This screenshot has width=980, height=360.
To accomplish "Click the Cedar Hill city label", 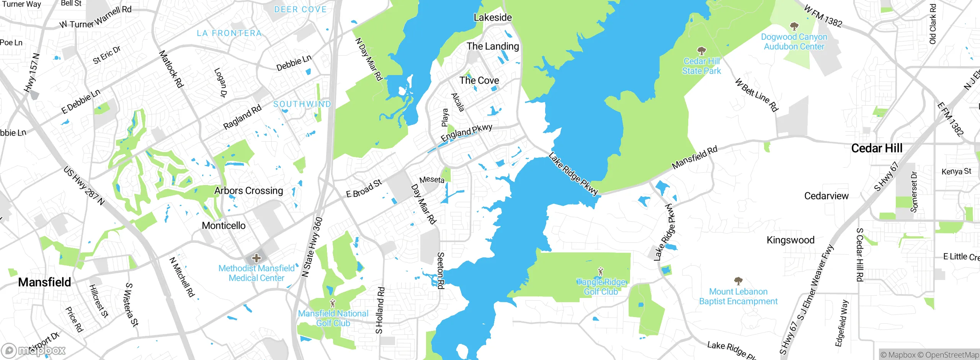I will [877, 148].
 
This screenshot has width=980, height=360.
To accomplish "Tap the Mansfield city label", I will [44, 282].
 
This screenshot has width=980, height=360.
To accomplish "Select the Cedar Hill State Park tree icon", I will [701, 51].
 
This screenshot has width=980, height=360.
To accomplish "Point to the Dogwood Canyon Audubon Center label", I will [794, 42].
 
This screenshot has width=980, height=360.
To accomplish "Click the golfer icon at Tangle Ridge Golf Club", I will [600, 272].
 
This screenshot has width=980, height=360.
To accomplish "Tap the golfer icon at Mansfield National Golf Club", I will [333, 303].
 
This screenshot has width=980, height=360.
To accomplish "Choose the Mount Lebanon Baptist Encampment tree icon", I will [738, 281].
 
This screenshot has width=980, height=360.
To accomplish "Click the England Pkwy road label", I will [466, 133].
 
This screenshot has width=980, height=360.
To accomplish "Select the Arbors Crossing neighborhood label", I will [248, 190].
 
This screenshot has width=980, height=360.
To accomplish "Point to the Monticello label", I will [224, 226].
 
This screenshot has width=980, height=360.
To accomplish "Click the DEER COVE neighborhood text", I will [301, 10].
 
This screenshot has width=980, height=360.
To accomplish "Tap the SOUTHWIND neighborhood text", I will [302, 104].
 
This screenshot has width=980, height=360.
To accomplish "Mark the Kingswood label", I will [790, 240].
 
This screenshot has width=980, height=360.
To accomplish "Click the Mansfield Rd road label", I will [694, 157].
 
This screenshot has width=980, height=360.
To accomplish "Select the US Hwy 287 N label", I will [84, 185].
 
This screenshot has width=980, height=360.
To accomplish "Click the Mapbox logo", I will [34, 350].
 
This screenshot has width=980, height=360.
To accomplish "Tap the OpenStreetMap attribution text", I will [952, 355].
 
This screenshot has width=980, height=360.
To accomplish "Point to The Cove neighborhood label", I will [479, 80].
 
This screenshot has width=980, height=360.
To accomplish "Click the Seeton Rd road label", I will [441, 270].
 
